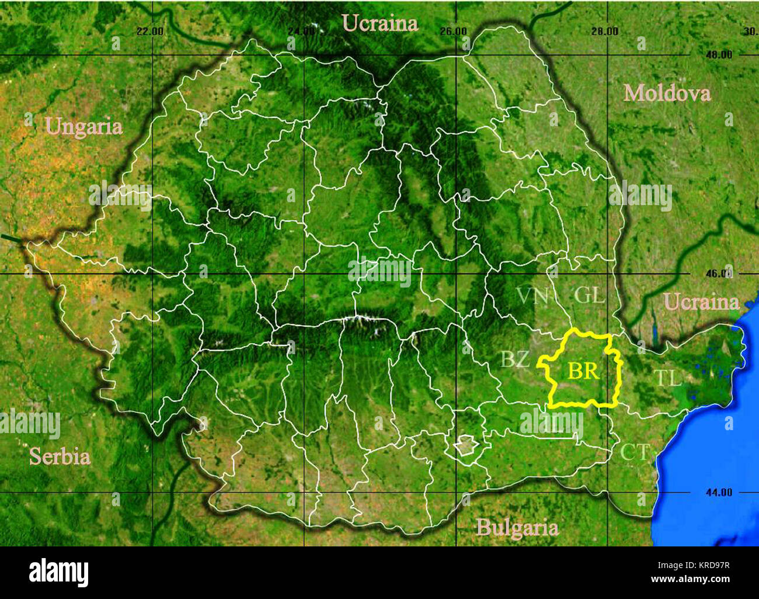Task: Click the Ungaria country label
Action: click(84, 127)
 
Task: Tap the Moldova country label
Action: click(667, 93)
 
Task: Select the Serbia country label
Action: click(60, 456)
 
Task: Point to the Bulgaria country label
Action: click(517, 528)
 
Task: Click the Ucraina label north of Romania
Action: click(380, 23)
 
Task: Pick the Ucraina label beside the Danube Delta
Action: click(702, 302)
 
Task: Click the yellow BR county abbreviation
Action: click(583, 371)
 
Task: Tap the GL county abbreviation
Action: click(589, 295)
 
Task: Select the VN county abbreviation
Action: click(532, 296)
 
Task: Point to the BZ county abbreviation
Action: click(515, 359)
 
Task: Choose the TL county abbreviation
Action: click(667, 378)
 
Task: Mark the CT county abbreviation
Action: click(635, 452)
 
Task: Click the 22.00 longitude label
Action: click(149, 31)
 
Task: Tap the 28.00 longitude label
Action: click(604, 31)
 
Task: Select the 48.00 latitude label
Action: click(718, 55)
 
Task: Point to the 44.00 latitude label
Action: click(718, 492)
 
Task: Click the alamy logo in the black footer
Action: click(58, 572)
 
